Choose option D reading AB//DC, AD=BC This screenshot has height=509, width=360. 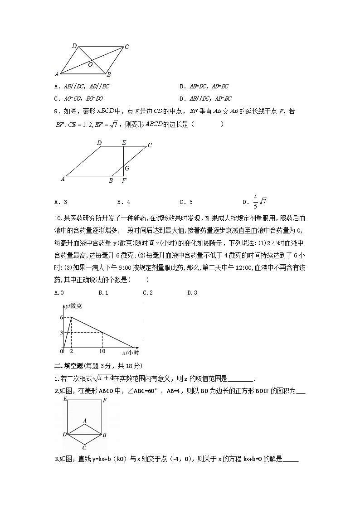coord(206,98)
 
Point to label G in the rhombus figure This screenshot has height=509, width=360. coord(127,168)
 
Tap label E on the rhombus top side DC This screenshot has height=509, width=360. coord(124,142)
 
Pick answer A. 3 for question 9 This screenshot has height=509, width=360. coord(61,202)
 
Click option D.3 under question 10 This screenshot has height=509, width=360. coord(192,292)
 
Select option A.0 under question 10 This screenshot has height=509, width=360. coord(58,292)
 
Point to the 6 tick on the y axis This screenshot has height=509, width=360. coord(61,317)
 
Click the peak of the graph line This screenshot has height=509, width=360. coord(71,317)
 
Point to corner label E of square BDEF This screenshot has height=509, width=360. coord(66,399)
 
